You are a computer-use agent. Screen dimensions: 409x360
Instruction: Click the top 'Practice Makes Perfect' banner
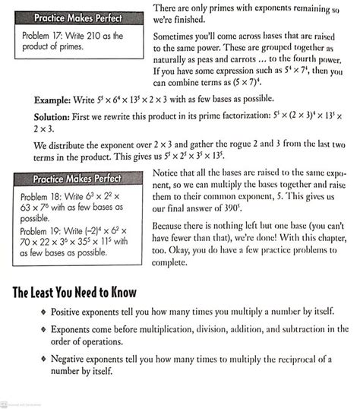tap(77, 17)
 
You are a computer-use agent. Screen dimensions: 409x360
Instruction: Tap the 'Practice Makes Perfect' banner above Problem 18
tap(77, 179)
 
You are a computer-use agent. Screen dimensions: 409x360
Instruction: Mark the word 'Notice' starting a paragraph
tap(168, 173)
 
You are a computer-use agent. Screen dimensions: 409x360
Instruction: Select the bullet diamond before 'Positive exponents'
tap(43, 313)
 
